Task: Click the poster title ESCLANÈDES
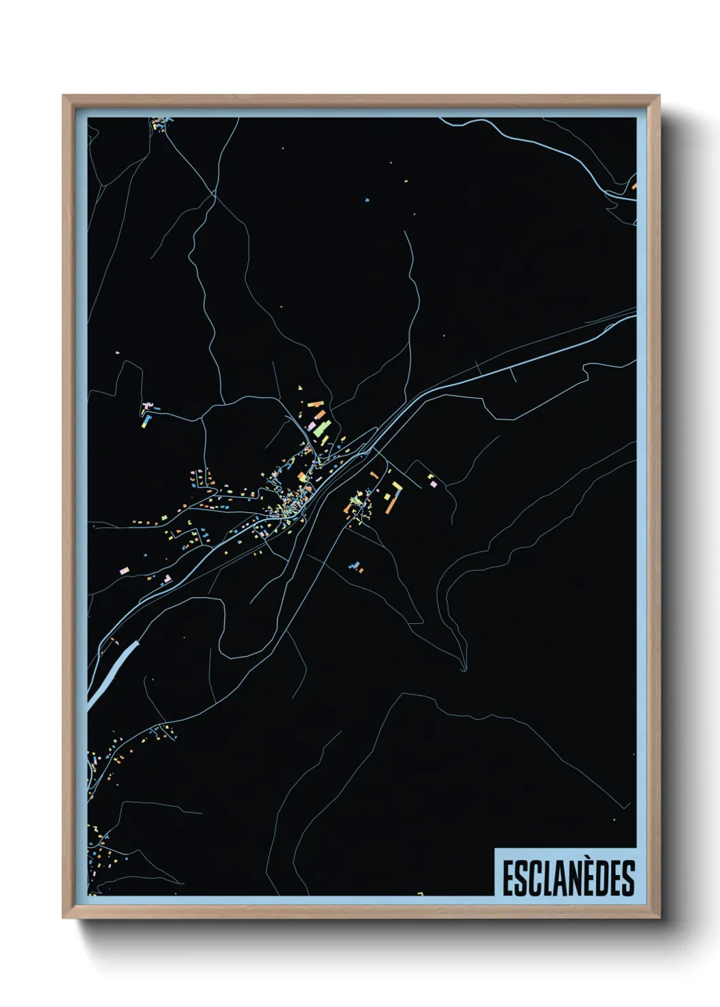pyautogui.click(x=568, y=878)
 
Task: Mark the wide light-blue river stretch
pyautogui.click(x=112, y=670)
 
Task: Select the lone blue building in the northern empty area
pyautogui.click(x=367, y=200)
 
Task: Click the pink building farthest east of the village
pyautogui.click(x=432, y=484)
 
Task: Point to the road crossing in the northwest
pyautogui.click(x=214, y=194)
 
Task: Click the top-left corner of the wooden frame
pyautogui.click(x=63, y=96)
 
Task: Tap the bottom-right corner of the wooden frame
pyautogui.click(x=659, y=918)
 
